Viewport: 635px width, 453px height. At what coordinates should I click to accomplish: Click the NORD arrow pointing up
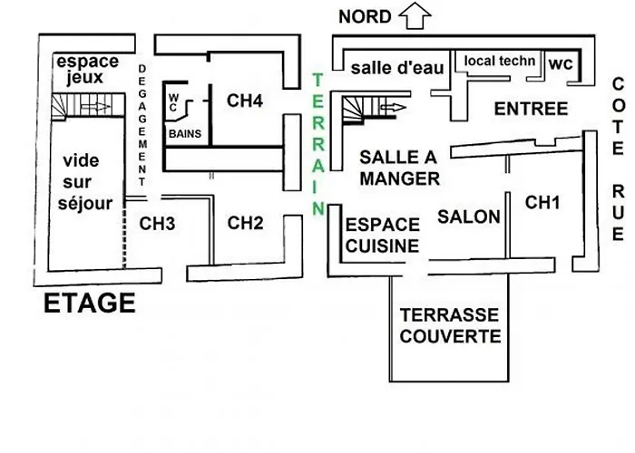coord(415,14)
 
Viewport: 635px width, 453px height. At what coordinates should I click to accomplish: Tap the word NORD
coord(365,16)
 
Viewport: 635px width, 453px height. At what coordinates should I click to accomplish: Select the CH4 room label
coord(245,101)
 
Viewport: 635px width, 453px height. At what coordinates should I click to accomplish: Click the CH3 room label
coord(157,222)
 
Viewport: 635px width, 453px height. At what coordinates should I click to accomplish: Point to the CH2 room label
coord(245,222)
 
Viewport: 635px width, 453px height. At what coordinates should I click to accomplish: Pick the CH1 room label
coord(543,203)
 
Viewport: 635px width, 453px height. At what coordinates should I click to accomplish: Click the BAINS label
coord(184,133)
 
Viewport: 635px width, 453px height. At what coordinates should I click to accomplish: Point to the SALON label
coord(469,216)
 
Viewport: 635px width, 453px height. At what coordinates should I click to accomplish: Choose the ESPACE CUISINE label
coord(383,235)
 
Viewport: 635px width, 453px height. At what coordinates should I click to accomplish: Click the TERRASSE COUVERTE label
coord(450,326)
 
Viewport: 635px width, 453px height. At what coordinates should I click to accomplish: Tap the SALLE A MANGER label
coord(400,168)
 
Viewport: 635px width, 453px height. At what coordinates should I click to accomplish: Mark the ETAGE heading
coord(89,304)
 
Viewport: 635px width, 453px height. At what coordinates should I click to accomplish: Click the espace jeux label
coord(87,70)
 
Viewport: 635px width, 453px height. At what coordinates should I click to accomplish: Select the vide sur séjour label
coord(87,182)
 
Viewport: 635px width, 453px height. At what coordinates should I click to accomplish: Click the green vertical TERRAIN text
coord(317,144)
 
